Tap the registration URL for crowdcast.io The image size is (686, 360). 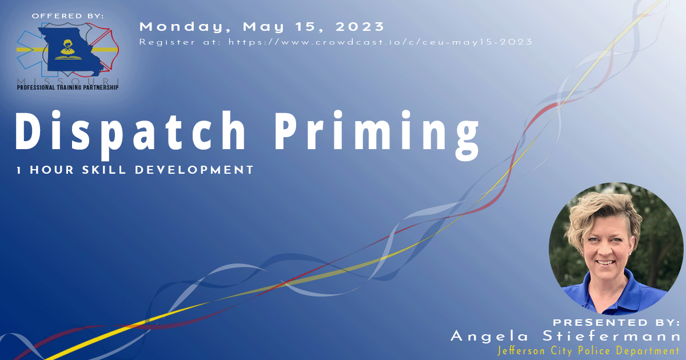[x=380, y=42]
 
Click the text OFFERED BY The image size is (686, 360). [x=68, y=16]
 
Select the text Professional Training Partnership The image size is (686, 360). [x=68, y=87]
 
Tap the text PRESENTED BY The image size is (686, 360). [x=616, y=322]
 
